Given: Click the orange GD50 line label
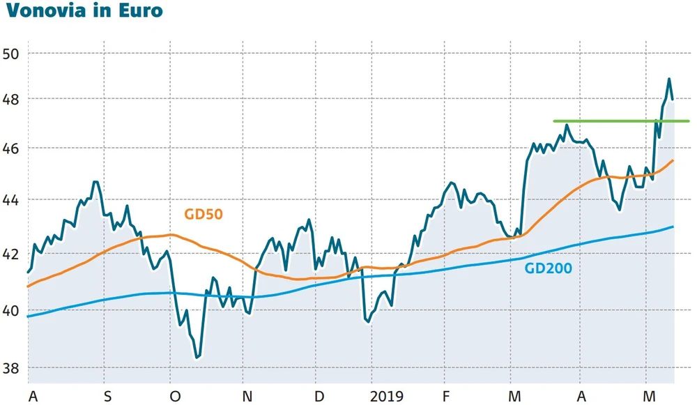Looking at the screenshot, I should point(203,215).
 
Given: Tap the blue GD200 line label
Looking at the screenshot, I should point(548,268).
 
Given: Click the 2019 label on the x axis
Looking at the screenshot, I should point(388,397).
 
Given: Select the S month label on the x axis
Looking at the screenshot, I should point(107,397).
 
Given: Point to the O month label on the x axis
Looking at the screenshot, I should point(175,397).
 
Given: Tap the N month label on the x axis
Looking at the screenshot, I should point(247,397).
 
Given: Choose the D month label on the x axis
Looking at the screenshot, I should point(319,397).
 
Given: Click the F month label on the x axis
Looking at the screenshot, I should point(445,397).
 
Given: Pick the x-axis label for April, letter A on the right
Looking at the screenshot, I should point(580,397).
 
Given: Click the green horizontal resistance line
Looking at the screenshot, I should point(620,121).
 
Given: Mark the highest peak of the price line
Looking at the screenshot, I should point(669,79).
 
